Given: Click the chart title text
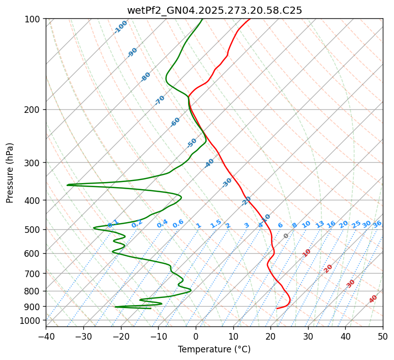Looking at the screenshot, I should pyautogui.click(x=214, y=10).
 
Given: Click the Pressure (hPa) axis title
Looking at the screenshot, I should pyautogui.click(x=10, y=173).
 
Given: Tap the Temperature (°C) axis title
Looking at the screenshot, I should pyautogui.click(x=214, y=349).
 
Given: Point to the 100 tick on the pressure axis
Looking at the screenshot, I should pyautogui.click(x=34, y=19).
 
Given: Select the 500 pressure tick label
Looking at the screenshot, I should pyautogui.click(x=34, y=230).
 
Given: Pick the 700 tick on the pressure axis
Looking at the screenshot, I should pyautogui.click(x=34, y=274).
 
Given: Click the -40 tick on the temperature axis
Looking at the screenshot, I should pyautogui.click(x=46, y=336).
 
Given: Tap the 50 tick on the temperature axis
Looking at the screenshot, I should pyautogui.click(x=383, y=336).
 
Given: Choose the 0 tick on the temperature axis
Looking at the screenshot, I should pyautogui.click(x=196, y=336).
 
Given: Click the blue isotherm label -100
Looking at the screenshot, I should pyautogui.click(x=120, y=27).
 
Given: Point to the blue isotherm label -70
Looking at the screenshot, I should pyautogui.click(x=160, y=100).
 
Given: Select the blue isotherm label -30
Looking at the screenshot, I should pyautogui.click(x=227, y=183).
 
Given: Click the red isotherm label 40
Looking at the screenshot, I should pyautogui.click(x=373, y=299).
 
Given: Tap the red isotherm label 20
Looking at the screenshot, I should pyautogui.click(x=328, y=268).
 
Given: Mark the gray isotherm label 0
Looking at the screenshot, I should pyautogui.click(x=286, y=236).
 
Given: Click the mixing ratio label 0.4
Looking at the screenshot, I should pyautogui.click(x=162, y=224).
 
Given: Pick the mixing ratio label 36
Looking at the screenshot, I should pyautogui.click(x=377, y=224).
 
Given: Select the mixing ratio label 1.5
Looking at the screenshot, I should pyautogui.click(x=216, y=223).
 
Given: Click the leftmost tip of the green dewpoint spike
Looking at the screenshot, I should pyautogui.click(x=67, y=185).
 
